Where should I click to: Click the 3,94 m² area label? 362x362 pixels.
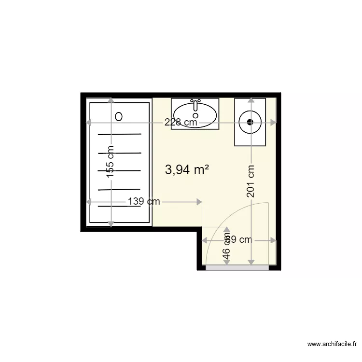click(187, 169)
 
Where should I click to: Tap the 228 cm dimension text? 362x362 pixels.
click(181, 123)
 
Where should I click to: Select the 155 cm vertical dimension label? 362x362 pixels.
click(111, 163)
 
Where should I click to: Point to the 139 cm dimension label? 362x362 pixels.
click(143, 202)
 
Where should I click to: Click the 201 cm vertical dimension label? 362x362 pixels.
click(251, 181)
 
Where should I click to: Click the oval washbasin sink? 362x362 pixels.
click(195, 115)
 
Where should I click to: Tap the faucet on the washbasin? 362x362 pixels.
click(195, 104)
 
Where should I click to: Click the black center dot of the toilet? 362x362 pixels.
click(250, 122)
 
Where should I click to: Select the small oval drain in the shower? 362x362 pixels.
click(119, 116)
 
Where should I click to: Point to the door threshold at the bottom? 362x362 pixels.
click(237, 267)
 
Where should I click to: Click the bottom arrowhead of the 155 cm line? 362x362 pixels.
click(111, 223)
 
